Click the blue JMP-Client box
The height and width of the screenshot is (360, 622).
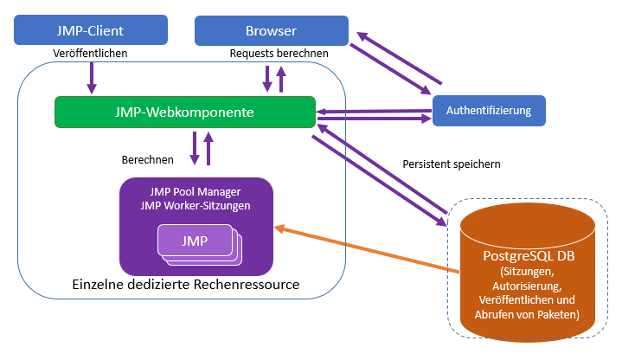(89, 31)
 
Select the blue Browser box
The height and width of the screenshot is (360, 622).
(271, 31)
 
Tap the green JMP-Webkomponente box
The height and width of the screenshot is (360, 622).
(183, 112)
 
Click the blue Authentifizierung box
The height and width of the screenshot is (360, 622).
(489, 111)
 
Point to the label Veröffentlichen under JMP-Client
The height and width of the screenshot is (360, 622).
(90, 54)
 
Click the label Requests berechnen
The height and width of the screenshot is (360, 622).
(279, 54)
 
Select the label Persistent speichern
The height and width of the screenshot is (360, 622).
(452, 164)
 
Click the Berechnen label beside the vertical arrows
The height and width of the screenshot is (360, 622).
(148, 160)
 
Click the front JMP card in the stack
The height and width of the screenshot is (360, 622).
(194, 240)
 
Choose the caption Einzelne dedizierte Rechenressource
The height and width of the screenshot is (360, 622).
(180, 285)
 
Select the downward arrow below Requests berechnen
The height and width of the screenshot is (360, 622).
(267, 79)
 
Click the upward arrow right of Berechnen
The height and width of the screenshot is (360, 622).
(208, 148)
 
